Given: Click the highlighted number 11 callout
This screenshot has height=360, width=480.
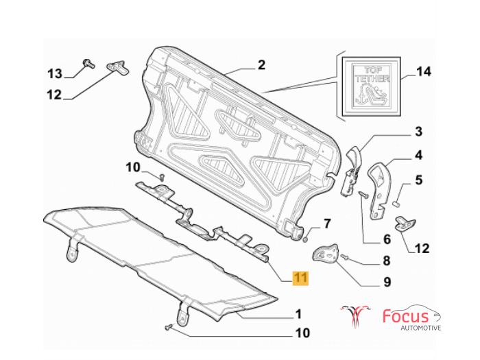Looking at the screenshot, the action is coord(300,278).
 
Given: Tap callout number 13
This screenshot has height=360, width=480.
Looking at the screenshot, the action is coord(55,74).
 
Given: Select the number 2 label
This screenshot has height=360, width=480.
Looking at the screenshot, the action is coord(261,65).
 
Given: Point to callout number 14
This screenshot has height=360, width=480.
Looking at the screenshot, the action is coord(424,71).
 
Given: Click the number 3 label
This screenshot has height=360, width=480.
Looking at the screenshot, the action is coord(418,132).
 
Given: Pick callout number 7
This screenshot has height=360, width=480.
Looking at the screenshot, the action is coord(328,224).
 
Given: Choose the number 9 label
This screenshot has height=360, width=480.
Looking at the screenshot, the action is coord(387,281).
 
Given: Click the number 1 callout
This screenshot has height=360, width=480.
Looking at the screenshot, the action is coord(298,314).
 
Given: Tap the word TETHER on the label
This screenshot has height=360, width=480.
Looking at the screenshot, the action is coord(372,79).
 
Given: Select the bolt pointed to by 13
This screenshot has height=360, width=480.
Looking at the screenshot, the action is coord(88,63).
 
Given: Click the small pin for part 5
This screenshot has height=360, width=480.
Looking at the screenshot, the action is coord(395,203).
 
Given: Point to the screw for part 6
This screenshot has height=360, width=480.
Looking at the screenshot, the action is coord(363,194).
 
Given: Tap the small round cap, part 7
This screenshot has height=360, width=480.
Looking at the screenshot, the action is coord(305,239).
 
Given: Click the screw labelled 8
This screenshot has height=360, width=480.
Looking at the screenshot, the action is coord(345,256).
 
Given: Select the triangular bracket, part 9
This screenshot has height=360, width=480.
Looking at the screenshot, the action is coord(325,253).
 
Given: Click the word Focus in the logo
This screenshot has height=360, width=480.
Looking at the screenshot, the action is coord(406,317).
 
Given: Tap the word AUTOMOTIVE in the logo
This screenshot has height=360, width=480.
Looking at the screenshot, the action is coord(421,328).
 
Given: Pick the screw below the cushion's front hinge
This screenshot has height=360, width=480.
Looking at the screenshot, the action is coord(168,327).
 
